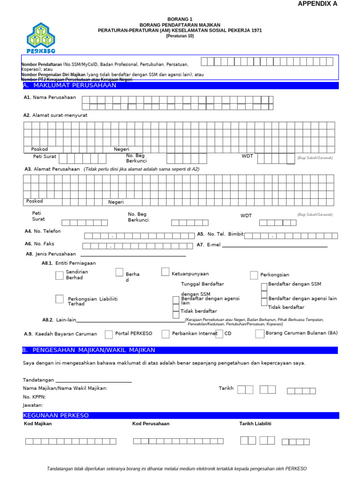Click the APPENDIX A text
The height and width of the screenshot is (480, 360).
(x=317, y=4)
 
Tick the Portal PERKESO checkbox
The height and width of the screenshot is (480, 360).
(x=109, y=334)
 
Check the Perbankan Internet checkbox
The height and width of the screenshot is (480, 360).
(x=165, y=334)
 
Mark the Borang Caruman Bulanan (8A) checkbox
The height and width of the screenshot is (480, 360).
(x=260, y=333)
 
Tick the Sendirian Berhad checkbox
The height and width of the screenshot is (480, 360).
(x=60, y=275)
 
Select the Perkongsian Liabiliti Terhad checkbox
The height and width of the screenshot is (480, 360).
(x=60, y=299)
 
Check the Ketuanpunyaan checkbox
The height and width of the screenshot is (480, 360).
(x=165, y=272)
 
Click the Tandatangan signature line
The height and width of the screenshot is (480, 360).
(x=93, y=382)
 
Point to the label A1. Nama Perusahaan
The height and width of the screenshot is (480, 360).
(x=50, y=97)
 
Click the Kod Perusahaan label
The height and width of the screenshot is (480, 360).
(x=151, y=424)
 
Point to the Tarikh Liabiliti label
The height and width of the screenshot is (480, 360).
(x=255, y=424)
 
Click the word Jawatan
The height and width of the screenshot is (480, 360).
(x=33, y=405)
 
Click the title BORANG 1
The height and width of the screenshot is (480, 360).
(x=180, y=19)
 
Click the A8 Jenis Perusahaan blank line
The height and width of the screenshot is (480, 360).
(x=133, y=256)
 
